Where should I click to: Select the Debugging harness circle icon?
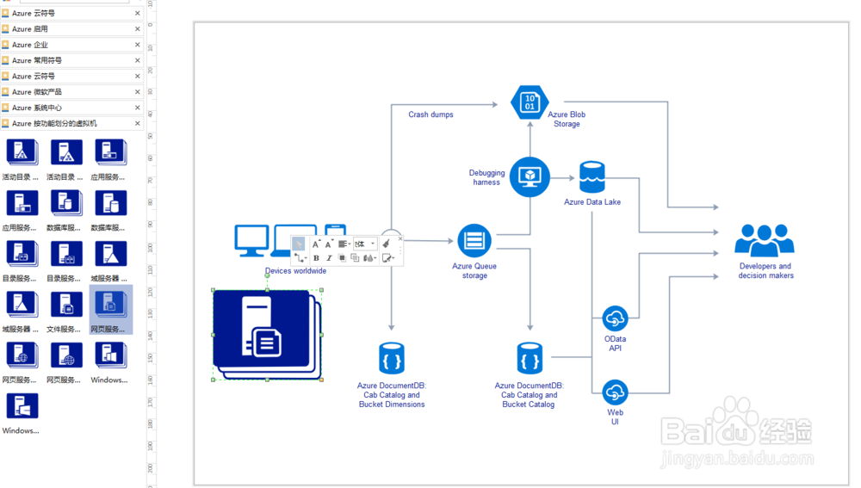(x=530, y=176)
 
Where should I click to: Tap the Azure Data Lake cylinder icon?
(x=592, y=177)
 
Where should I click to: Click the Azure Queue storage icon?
(x=474, y=241)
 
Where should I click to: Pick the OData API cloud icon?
(x=615, y=318)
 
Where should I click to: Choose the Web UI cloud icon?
(x=615, y=392)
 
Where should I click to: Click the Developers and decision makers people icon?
(x=764, y=240)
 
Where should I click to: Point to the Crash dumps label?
(x=430, y=114)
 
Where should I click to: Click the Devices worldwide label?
(x=295, y=271)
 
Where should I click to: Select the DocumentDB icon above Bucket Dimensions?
(x=391, y=358)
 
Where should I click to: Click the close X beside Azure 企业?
(x=138, y=45)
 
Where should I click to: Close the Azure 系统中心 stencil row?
(x=138, y=108)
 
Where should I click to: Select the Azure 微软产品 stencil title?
(x=37, y=92)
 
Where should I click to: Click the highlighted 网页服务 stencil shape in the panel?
(x=110, y=304)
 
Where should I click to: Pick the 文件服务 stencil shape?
(x=66, y=304)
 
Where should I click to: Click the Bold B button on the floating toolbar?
(x=316, y=258)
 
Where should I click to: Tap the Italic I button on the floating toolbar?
(x=328, y=258)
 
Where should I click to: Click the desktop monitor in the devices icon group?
(x=251, y=240)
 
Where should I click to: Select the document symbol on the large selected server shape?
(x=266, y=342)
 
